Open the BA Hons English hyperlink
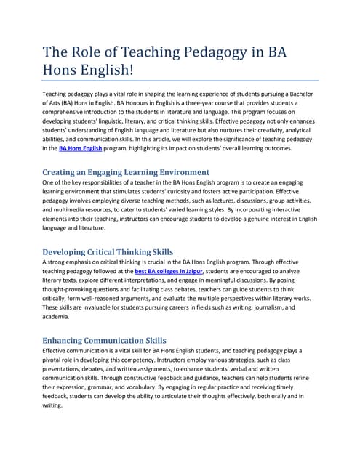81,148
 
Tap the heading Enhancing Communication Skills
105,340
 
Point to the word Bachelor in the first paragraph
299,94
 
